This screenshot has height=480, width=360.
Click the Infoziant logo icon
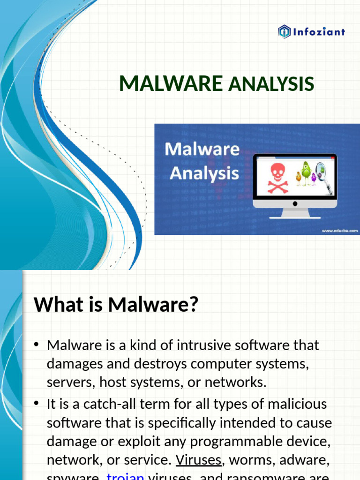tap(285, 32)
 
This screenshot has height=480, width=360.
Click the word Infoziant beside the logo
tap(318, 32)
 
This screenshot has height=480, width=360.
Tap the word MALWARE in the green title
tap(171, 84)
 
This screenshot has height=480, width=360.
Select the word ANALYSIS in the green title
tap(270, 84)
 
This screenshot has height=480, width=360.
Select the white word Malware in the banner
tap(202, 150)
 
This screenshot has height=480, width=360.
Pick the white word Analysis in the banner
tap(204, 173)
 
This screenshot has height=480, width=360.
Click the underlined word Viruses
tap(198, 460)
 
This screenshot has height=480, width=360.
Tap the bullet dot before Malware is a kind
tap(37, 346)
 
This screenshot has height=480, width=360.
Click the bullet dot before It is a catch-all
tap(37, 405)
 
